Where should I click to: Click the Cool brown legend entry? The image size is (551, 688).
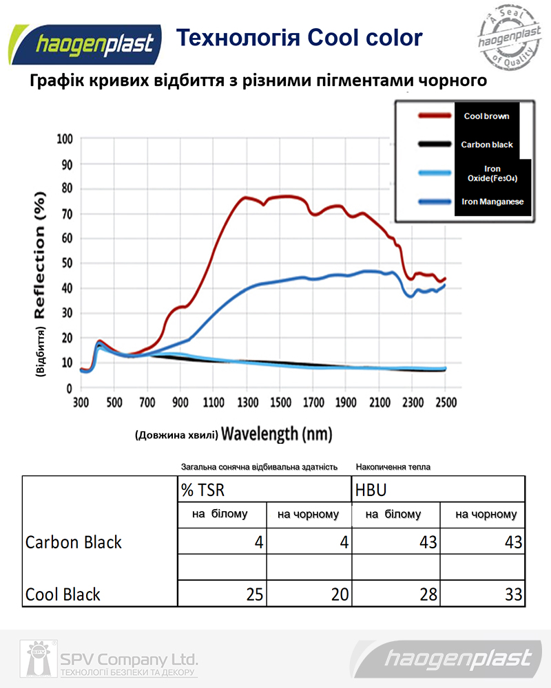click(x=486, y=116)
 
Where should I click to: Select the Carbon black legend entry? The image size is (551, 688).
click(x=486, y=144)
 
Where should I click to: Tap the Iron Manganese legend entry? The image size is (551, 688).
click(x=492, y=202)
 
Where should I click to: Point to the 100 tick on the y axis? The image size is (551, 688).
click(x=63, y=139)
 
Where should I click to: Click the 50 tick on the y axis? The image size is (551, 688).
click(x=66, y=264)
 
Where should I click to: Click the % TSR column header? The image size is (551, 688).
click(x=203, y=490)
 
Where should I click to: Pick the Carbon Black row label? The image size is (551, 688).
click(x=73, y=542)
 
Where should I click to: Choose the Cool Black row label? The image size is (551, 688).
click(x=63, y=594)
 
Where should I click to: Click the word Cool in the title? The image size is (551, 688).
click(x=333, y=38)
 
